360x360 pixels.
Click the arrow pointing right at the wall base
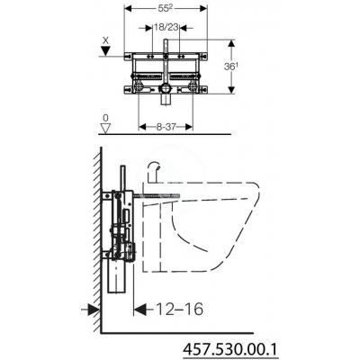click(x=92, y=310)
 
